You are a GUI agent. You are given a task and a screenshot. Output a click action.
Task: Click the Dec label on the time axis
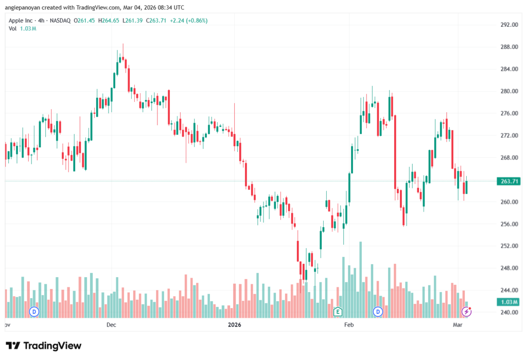coord(111,325)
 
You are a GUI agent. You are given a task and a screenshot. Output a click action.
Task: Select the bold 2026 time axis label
coord(235,325)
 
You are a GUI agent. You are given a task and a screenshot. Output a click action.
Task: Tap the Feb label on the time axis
coord(348,325)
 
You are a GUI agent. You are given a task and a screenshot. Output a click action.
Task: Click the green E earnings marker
coord(338,311)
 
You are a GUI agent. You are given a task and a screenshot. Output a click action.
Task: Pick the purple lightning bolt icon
coord(467,311)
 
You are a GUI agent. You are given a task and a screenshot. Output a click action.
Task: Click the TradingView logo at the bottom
coord(44,346)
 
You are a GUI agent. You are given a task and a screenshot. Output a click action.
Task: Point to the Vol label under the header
coord(12,28)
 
